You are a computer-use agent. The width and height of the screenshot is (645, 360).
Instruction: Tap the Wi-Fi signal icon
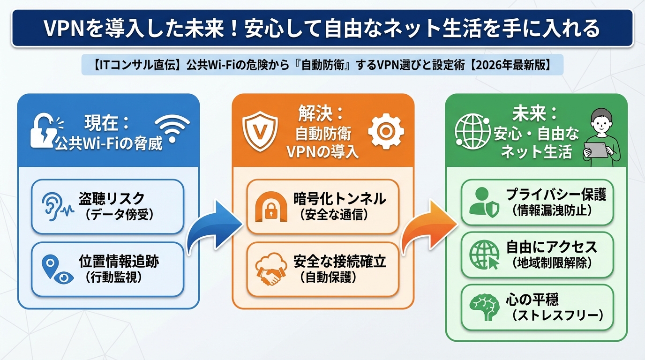(172, 128)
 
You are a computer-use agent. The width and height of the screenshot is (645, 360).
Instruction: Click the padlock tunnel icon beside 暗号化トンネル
(270, 206)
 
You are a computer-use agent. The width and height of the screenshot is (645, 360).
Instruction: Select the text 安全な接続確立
(339, 262)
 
